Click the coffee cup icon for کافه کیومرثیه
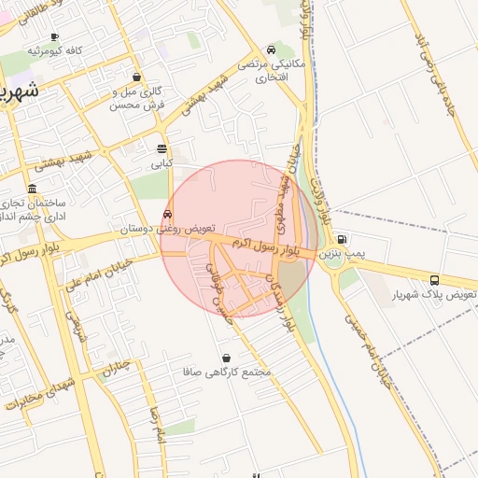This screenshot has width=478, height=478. click(x=54, y=36)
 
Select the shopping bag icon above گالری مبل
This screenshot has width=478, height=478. click(x=138, y=77)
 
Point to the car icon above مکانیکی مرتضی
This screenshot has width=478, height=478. click(x=271, y=49)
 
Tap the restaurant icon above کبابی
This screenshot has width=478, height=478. click(x=162, y=149)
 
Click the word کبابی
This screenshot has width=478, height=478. click(x=163, y=162)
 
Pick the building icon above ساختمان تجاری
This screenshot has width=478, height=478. click(x=33, y=189)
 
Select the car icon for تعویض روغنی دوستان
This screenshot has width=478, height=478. click(x=167, y=214)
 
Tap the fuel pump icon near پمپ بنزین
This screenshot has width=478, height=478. click(x=342, y=238)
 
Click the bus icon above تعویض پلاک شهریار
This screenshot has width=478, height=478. click(x=435, y=280)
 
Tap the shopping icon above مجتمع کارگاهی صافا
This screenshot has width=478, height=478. click(x=228, y=358)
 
